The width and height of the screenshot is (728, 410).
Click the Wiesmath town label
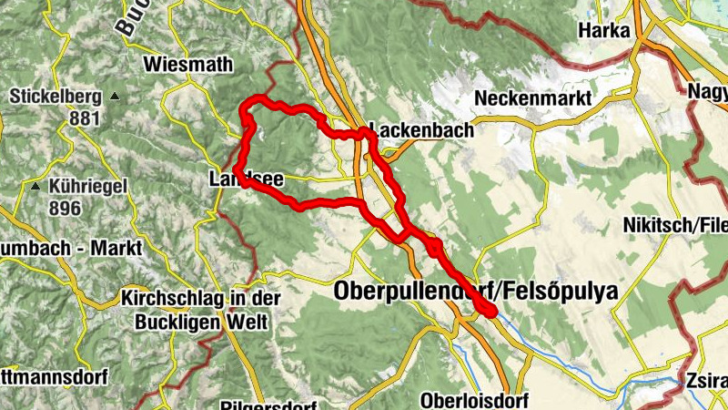(x=188, y=65)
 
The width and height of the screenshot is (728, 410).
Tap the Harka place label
(x=603, y=31)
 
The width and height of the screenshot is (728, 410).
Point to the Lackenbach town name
(x=420, y=130)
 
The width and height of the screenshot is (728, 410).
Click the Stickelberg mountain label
(x=54, y=96)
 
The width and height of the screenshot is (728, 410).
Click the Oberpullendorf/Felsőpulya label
(x=476, y=292)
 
